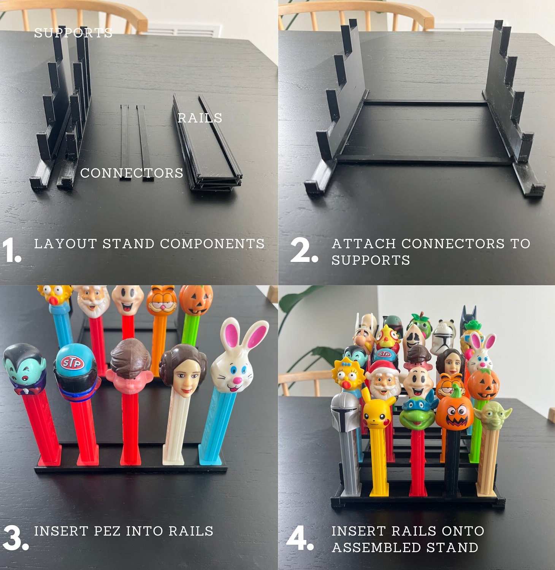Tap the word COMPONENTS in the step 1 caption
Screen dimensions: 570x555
tap(212, 244)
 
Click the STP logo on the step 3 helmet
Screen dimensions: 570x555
tap(72, 363)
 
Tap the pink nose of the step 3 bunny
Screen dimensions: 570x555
tap(237, 380)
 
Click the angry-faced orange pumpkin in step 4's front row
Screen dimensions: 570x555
tap(454, 413)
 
